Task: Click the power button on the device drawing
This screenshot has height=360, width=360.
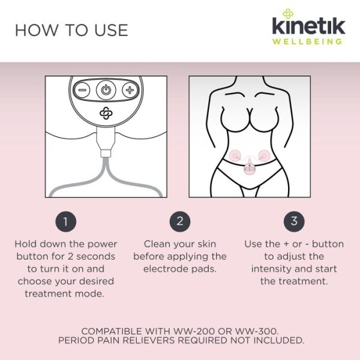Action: (106, 90)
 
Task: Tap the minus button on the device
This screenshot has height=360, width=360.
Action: (82, 90)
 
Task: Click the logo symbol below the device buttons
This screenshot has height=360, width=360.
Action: (106, 113)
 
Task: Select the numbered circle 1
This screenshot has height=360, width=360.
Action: (65, 221)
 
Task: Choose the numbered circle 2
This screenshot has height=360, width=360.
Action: (180, 221)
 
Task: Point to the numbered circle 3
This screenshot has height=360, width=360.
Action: (294, 221)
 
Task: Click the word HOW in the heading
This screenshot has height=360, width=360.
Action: (36, 31)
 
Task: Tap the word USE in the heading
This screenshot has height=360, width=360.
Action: (111, 31)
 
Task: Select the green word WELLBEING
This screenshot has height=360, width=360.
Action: (307, 41)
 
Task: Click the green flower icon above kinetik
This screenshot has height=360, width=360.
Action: (288, 14)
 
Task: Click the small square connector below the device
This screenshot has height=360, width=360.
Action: (106, 153)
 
